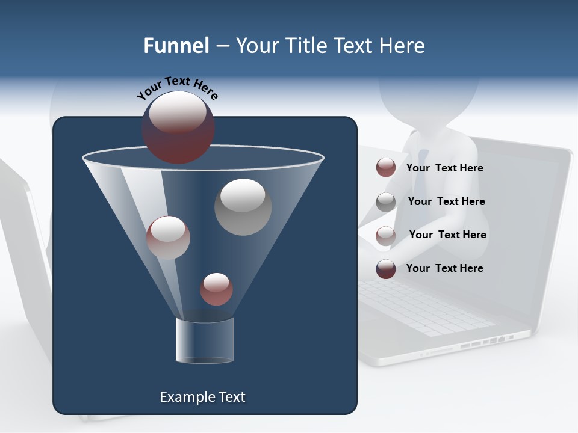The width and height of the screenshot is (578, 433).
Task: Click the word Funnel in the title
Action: [x=176, y=46]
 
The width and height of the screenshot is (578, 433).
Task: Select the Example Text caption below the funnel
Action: [x=202, y=397]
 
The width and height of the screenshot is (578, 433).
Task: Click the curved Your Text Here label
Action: [x=177, y=87]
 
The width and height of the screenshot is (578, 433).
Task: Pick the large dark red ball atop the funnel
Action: [x=178, y=127]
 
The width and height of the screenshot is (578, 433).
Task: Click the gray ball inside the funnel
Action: [x=243, y=207]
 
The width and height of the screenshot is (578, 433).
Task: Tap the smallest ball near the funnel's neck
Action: [x=216, y=289]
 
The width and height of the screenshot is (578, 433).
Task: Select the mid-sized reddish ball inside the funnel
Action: [x=168, y=238]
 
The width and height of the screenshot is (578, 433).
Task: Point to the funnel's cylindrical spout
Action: [x=204, y=340]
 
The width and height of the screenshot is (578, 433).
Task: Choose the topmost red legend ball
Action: [x=386, y=168]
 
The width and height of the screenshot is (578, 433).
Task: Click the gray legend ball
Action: [x=386, y=201]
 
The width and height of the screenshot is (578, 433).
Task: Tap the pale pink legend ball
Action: [x=386, y=235]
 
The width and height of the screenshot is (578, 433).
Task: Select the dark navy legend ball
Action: [x=386, y=269]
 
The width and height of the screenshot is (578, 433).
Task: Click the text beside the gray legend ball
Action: [x=446, y=201]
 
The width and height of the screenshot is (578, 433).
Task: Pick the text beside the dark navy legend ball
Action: [x=444, y=268]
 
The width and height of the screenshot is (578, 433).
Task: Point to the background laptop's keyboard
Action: [x=421, y=307]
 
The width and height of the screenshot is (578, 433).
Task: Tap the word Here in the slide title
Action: [x=403, y=46]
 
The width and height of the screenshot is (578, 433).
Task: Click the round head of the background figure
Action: [x=429, y=96]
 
